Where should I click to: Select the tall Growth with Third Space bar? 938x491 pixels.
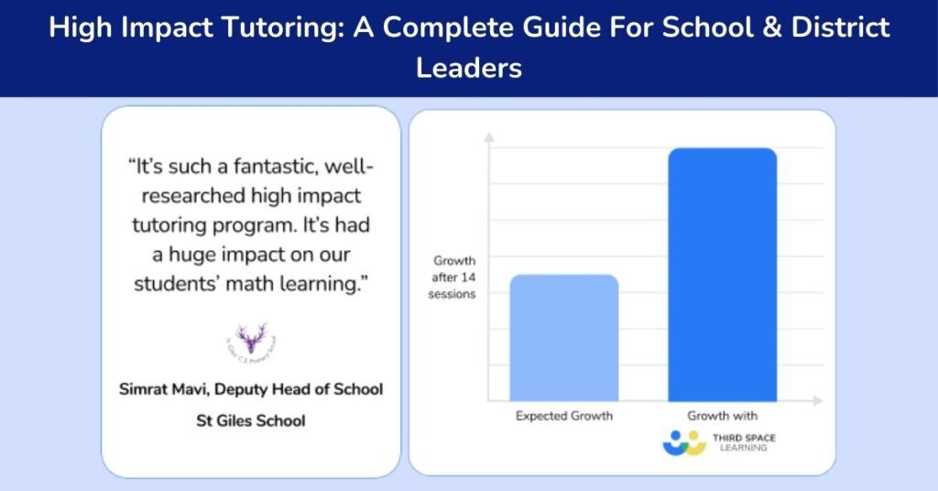pyautogui.click(x=722, y=274)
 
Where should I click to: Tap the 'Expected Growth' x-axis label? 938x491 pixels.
pyautogui.click(x=563, y=416)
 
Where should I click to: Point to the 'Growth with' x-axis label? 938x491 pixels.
pyautogui.click(x=722, y=416)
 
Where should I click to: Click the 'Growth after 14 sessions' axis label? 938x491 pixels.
pyautogui.click(x=454, y=278)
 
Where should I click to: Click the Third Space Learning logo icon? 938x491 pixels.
pyautogui.click(x=683, y=442)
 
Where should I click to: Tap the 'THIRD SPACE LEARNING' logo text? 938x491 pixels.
pyautogui.click(x=744, y=442)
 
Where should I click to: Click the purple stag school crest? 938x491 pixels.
pyautogui.click(x=251, y=339)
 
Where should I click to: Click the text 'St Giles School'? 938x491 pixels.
pyautogui.click(x=251, y=421)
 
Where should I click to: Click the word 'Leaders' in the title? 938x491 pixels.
pyautogui.click(x=469, y=68)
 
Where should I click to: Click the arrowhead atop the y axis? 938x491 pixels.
pyautogui.click(x=489, y=138)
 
